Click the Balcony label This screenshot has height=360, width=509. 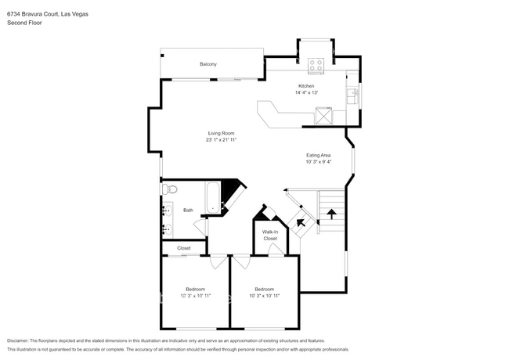[208, 64]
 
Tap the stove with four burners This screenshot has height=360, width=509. [317, 65]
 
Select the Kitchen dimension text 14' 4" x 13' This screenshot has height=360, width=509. [306, 92]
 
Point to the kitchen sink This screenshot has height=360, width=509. [353, 96]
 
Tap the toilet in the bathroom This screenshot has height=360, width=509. [168, 189]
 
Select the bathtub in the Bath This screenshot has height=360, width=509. [213, 197]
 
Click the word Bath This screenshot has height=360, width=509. [188, 210]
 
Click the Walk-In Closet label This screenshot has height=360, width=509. [269, 235]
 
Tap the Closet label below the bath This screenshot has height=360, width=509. [184, 248]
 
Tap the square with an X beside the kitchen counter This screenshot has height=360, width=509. [322, 117]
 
